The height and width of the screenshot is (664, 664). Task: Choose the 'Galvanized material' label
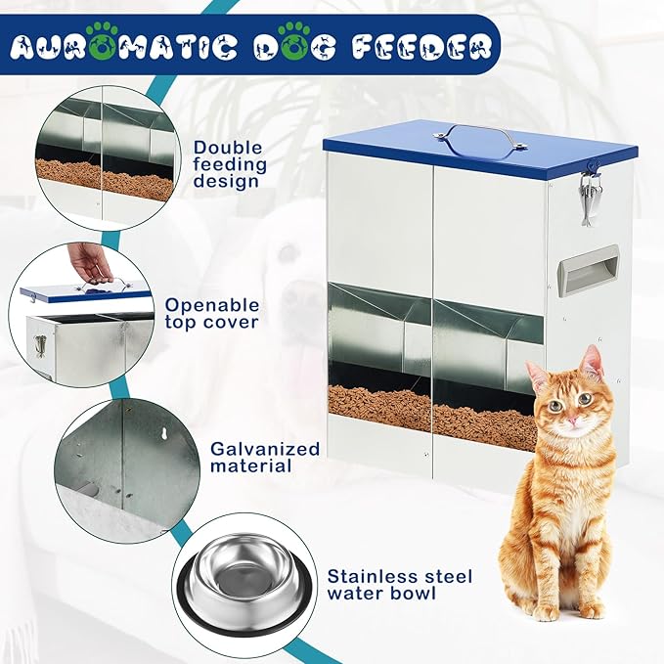[265, 457]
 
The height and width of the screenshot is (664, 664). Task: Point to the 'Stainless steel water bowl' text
[399, 585]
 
